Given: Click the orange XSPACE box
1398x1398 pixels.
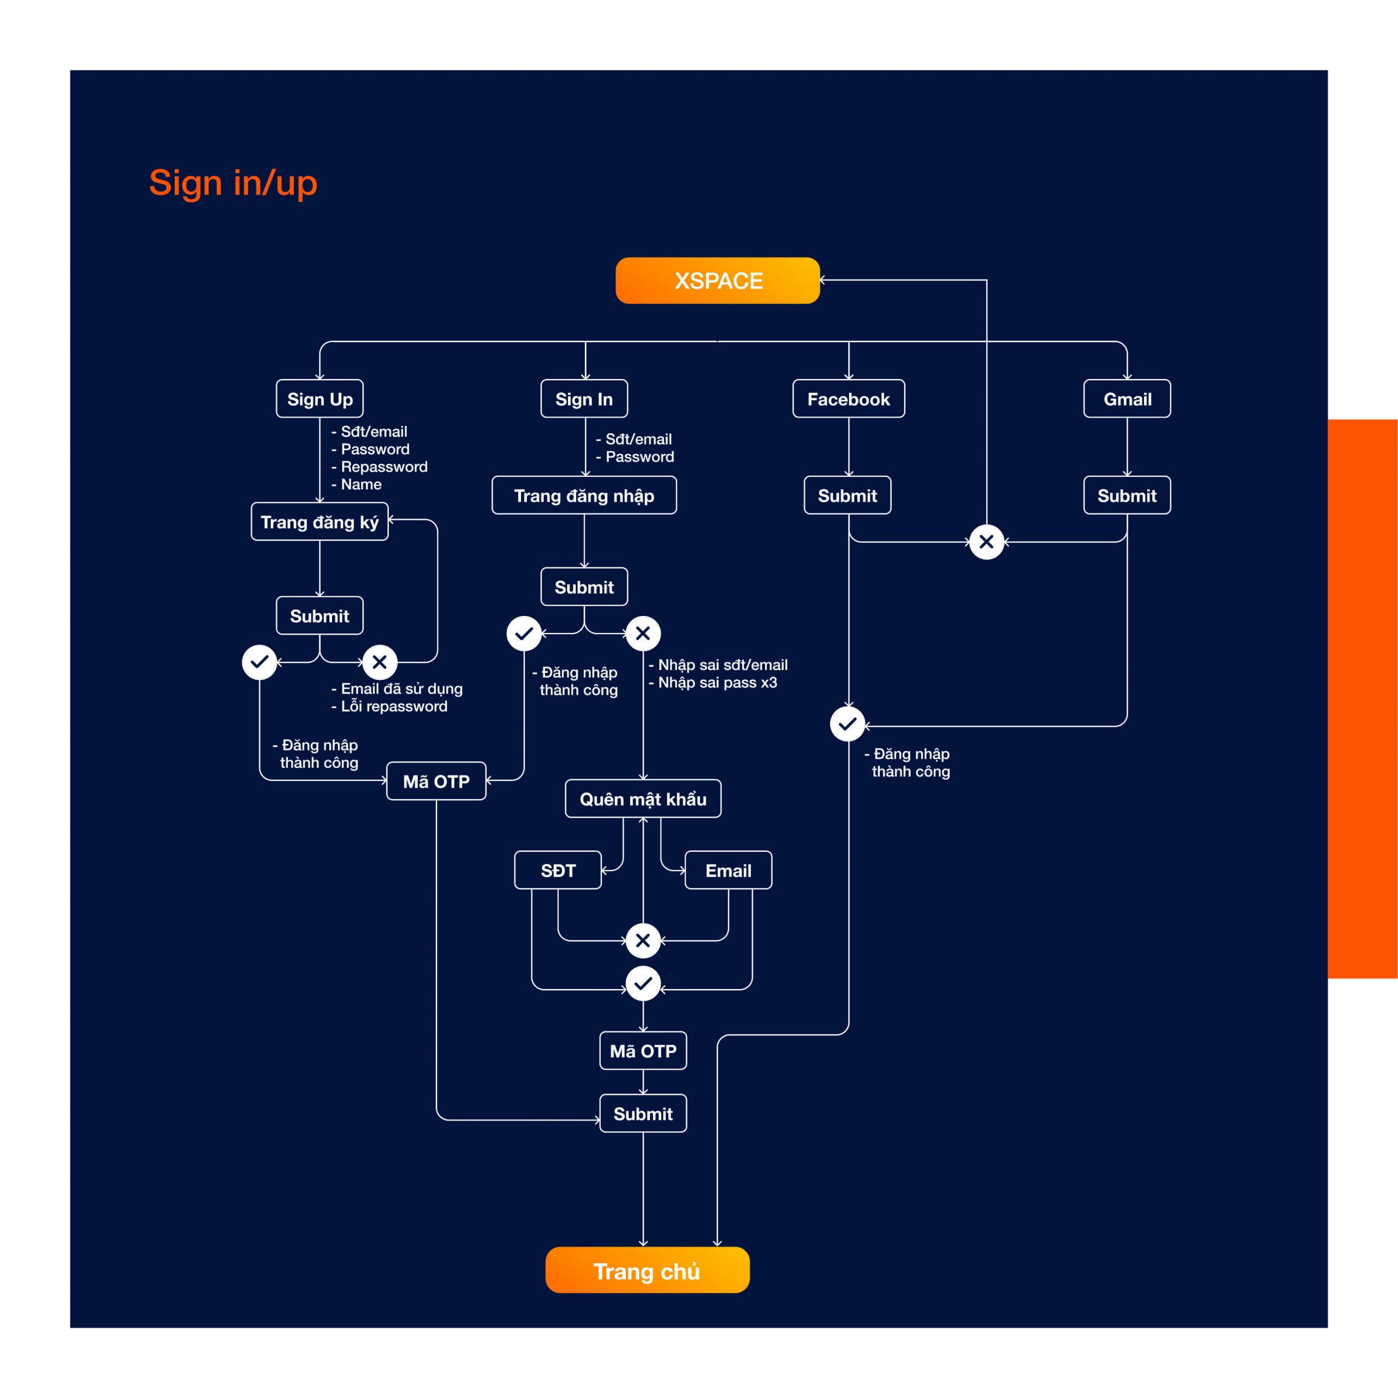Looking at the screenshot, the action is point(717,280).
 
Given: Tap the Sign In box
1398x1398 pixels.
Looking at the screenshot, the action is point(584,398).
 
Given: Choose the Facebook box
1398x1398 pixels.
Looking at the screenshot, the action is point(848,398).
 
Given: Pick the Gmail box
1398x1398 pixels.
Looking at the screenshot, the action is point(1127,398).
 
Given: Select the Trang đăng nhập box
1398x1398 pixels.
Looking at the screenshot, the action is point(584,495).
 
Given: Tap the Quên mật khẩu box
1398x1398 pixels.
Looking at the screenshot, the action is point(643,798).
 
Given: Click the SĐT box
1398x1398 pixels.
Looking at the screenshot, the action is point(558,870).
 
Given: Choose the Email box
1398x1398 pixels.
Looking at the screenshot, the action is point(728,870).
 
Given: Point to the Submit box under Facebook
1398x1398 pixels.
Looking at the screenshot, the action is point(848,495).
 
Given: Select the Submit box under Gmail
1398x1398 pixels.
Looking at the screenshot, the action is point(1127,495).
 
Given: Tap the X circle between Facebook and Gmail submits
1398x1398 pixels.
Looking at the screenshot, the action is point(986,541).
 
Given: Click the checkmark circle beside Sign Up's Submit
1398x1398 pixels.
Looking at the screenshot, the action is point(259,661).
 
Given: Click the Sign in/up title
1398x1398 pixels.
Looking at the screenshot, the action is point(233,183).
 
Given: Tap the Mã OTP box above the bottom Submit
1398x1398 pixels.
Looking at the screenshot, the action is point(643,1050).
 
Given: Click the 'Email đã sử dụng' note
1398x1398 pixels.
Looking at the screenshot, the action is point(396,689).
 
